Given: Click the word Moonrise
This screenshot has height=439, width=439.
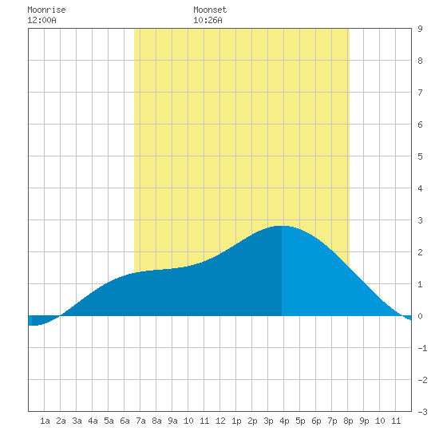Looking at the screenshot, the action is click(x=46, y=10).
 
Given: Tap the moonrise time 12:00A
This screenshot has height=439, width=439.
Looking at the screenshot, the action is click(x=42, y=20).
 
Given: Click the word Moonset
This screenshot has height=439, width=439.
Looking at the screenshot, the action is click(x=210, y=10).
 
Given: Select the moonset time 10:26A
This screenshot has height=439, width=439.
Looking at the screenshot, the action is click(x=208, y=20).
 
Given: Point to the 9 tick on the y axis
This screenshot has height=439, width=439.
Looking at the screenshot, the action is click(x=420, y=29).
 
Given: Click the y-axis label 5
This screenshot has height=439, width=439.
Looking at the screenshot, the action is click(x=420, y=156).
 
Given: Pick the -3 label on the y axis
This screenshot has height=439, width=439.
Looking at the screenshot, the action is click(x=422, y=412).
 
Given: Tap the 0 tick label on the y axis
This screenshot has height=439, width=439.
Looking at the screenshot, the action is click(x=420, y=316).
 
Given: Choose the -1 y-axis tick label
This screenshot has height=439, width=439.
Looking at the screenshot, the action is click(x=422, y=348).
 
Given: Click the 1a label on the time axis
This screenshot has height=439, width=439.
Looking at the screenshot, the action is click(x=45, y=421).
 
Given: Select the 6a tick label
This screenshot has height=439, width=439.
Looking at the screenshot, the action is click(x=125, y=421).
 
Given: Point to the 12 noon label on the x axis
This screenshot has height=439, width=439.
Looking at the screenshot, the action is click(x=220, y=421).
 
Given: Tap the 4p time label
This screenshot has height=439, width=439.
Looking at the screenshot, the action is click(x=284, y=421).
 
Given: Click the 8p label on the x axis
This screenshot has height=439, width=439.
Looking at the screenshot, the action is click(x=348, y=421).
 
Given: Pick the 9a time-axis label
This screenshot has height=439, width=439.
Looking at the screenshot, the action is click(x=172, y=421).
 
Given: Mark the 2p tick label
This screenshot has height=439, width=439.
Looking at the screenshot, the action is click(x=252, y=421).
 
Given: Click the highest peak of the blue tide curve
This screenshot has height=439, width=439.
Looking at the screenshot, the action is click(x=282, y=226).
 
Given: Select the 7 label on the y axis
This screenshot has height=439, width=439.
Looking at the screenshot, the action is click(x=420, y=93).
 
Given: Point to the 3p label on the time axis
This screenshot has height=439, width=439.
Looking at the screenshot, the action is click(x=268, y=421).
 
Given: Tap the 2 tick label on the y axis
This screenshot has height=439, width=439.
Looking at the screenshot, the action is click(x=420, y=252).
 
